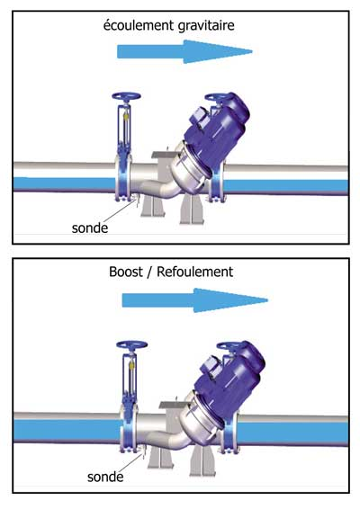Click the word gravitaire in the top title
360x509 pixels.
(206, 26)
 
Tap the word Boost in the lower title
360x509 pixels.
(126, 272)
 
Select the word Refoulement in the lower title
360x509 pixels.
(195, 272)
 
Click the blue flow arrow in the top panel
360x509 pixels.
(184, 51)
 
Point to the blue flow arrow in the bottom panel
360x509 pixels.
(195, 300)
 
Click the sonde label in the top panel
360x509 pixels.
(90, 228)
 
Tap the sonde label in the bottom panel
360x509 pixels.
(105, 477)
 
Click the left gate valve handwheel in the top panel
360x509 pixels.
(126, 96)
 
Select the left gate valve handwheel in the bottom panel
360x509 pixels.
(132, 344)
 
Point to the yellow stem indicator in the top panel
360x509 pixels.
(126, 116)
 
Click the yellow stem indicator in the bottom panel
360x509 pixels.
(132, 365)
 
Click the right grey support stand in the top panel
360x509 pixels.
(192, 209)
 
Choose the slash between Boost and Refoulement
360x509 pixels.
(149, 272)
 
